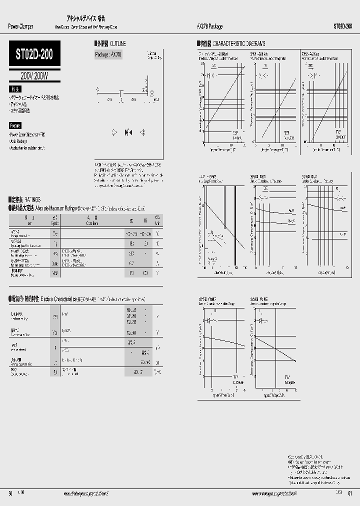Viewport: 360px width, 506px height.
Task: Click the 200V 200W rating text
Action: click(34, 75)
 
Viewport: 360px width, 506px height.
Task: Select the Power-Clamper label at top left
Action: click(21, 26)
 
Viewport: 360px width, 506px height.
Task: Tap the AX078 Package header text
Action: click(207, 26)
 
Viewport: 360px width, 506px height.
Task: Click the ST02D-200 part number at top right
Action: click(342, 26)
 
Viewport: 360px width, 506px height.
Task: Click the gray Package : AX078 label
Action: click(108, 54)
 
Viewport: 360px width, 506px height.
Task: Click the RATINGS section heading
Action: click(28, 199)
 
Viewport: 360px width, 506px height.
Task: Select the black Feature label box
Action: click(15, 125)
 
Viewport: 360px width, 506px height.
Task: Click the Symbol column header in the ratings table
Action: click(54, 221)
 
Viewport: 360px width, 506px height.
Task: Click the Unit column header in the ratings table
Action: click(157, 221)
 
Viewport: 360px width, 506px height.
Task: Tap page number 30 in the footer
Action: click(10, 493)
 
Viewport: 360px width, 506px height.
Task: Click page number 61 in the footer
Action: click(349, 493)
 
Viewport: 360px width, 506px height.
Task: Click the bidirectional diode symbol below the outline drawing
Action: click(128, 132)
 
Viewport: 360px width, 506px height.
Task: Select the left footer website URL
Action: click(85, 493)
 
